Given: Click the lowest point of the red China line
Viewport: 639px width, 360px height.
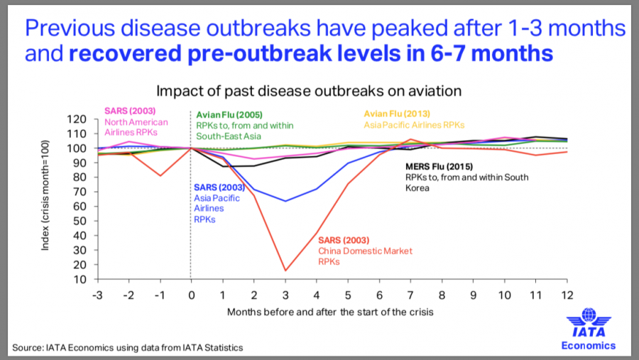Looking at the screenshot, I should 285,271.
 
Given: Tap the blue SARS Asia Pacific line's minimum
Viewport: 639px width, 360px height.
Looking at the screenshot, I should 285,201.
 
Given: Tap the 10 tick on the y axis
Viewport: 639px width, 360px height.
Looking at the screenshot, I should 81,278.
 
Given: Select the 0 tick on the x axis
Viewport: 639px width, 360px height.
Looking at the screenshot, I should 190,293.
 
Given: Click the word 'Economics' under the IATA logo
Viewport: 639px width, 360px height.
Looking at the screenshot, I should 588,346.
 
